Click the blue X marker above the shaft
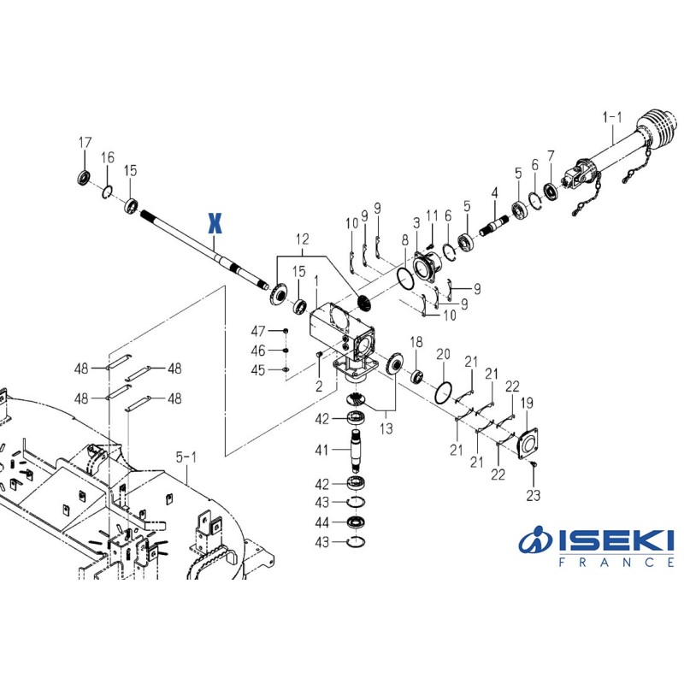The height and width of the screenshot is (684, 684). point(215,224)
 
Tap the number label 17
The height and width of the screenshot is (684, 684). point(85,142)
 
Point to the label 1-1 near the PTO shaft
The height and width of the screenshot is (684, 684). point(614,117)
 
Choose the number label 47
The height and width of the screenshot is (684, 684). point(258,331)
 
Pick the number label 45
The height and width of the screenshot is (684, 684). point(258,369)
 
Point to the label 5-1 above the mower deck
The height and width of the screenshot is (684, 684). point(186,458)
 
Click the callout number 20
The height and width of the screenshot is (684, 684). point(443,354)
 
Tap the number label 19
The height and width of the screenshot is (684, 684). point(528,403)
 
